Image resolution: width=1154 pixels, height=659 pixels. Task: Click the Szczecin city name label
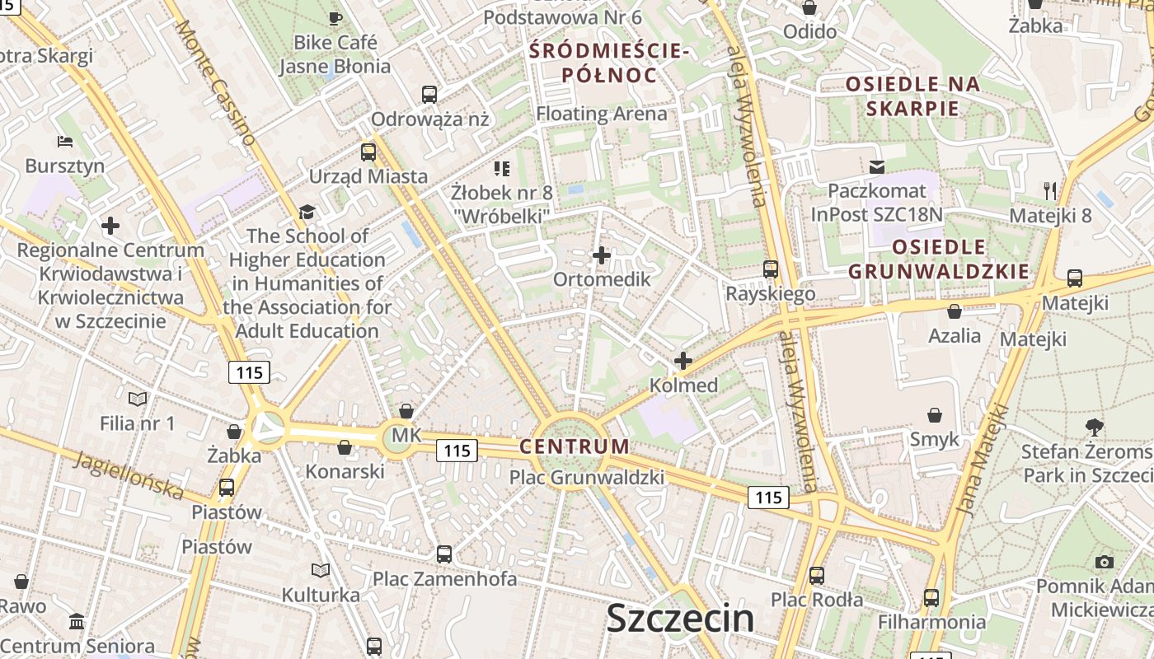(x=680, y=619)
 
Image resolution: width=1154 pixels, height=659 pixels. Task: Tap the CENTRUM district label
(x=575, y=446)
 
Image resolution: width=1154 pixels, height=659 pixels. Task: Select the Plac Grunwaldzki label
(x=587, y=477)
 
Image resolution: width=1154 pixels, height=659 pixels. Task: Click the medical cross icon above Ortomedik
(x=602, y=255)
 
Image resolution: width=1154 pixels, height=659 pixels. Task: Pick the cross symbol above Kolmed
(x=683, y=361)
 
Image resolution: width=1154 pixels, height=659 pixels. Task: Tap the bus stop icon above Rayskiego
(x=771, y=269)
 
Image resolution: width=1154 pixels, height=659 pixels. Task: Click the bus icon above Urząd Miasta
(x=368, y=152)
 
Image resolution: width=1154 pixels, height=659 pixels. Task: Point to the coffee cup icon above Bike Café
(x=335, y=18)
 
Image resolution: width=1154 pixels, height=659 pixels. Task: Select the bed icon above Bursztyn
(x=65, y=142)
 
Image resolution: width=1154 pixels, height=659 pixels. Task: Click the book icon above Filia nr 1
(x=138, y=400)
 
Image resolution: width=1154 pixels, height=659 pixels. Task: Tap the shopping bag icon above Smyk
(x=935, y=415)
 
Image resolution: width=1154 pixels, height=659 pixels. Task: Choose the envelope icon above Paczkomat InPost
(x=877, y=167)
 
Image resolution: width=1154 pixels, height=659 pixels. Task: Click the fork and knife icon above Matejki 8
(x=1050, y=191)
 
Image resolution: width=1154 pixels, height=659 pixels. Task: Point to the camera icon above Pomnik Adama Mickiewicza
(x=1105, y=563)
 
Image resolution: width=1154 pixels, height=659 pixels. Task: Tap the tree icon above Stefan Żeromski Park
(x=1095, y=428)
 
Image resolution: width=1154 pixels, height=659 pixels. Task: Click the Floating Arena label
(x=602, y=114)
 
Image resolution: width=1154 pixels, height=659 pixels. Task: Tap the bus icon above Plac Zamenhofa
(x=444, y=554)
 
